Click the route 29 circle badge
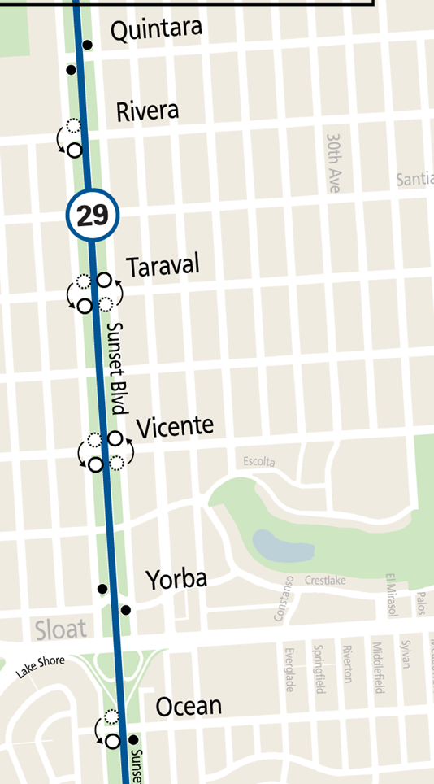click(93, 216)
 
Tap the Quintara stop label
click(155, 32)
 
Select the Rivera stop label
click(147, 111)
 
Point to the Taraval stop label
click(163, 267)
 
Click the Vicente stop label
click(175, 427)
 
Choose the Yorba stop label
click(176, 580)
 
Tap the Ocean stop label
click(189, 706)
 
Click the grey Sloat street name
click(60, 629)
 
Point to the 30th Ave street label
click(333, 163)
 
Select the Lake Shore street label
click(41, 668)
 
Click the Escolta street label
click(259, 462)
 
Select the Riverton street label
click(347, 664)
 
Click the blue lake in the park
click(282, 546)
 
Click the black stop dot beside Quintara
click(88, 46)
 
